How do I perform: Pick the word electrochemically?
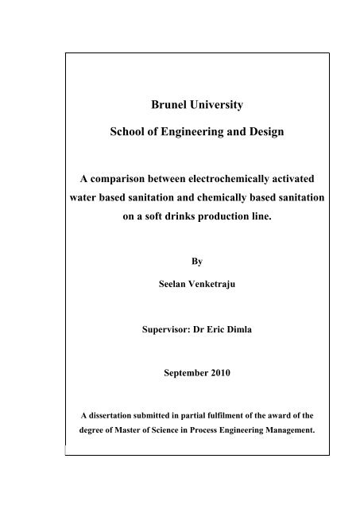[x=216, y=178]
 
